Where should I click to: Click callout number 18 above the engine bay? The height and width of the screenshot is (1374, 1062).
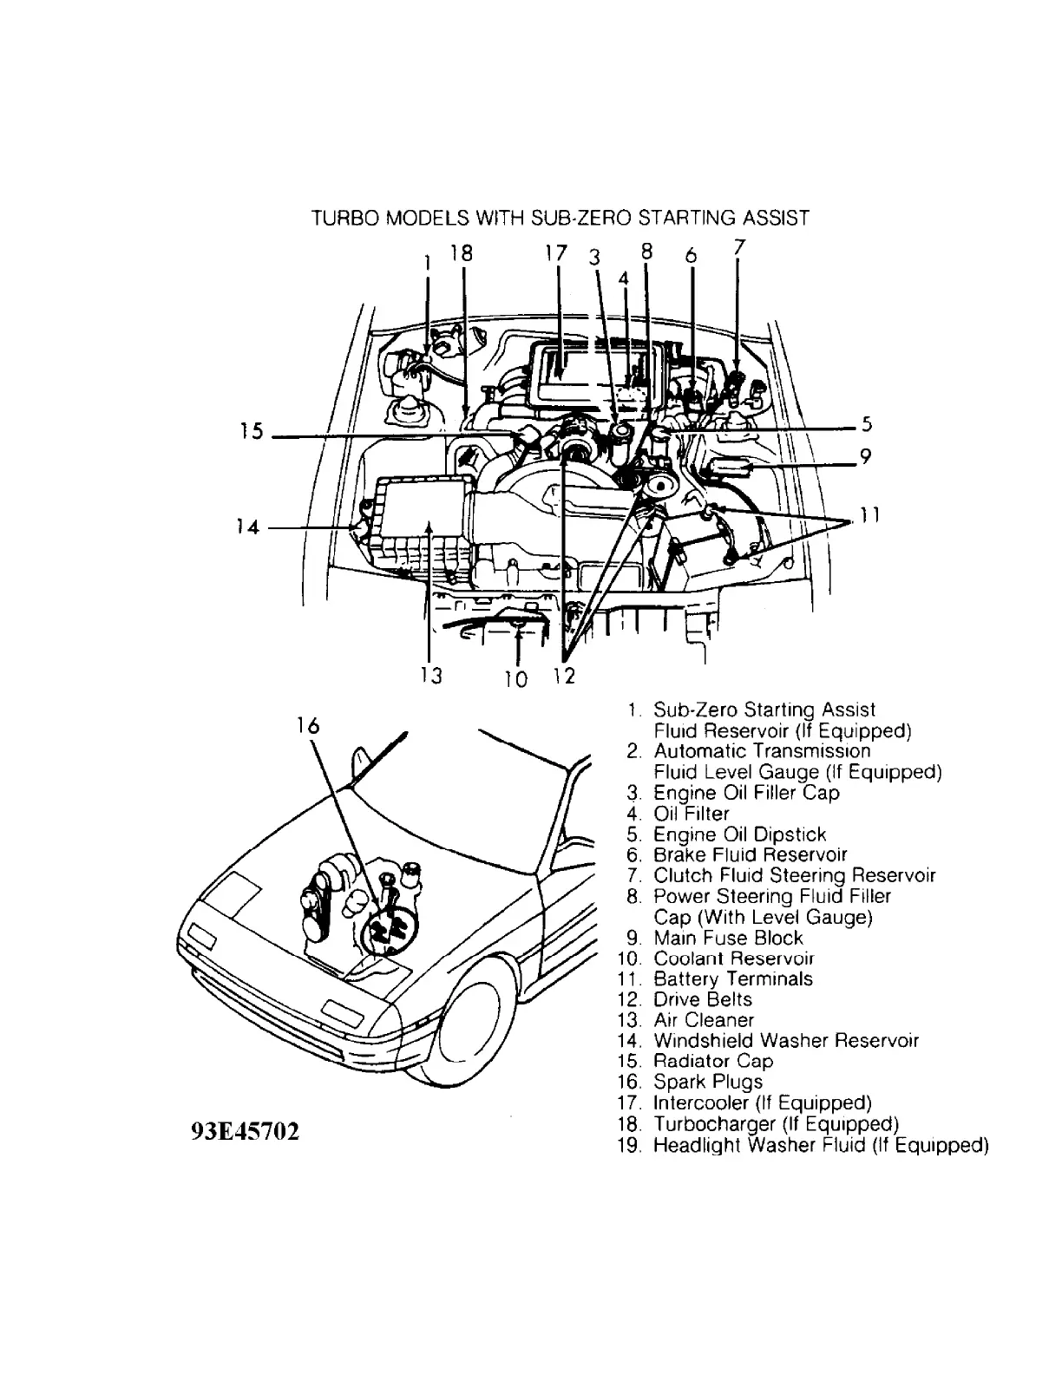[462, 253]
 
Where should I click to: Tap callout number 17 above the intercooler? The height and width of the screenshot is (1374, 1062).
[555, 253]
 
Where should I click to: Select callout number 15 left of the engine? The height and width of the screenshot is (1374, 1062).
[252, 431]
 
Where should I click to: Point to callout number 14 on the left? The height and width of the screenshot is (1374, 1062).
[247, 526]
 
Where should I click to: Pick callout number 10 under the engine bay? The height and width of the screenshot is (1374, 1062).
[515, 678]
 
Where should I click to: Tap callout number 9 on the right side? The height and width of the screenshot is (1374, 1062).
[864, 457]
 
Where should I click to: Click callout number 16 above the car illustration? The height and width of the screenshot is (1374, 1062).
[307, 726]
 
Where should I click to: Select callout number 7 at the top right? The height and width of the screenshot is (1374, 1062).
[738, 246]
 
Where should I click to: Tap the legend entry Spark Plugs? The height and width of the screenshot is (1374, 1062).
[707, 1082]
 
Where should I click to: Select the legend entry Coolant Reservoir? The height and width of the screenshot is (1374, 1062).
[733, 959]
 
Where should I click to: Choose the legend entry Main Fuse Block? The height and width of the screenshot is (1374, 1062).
[728, 938]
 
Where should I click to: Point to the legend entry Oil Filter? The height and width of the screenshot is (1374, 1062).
[691, 814]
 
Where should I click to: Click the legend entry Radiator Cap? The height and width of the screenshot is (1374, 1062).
[712, 1061]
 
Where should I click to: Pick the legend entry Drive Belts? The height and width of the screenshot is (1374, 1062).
[702, 999]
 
